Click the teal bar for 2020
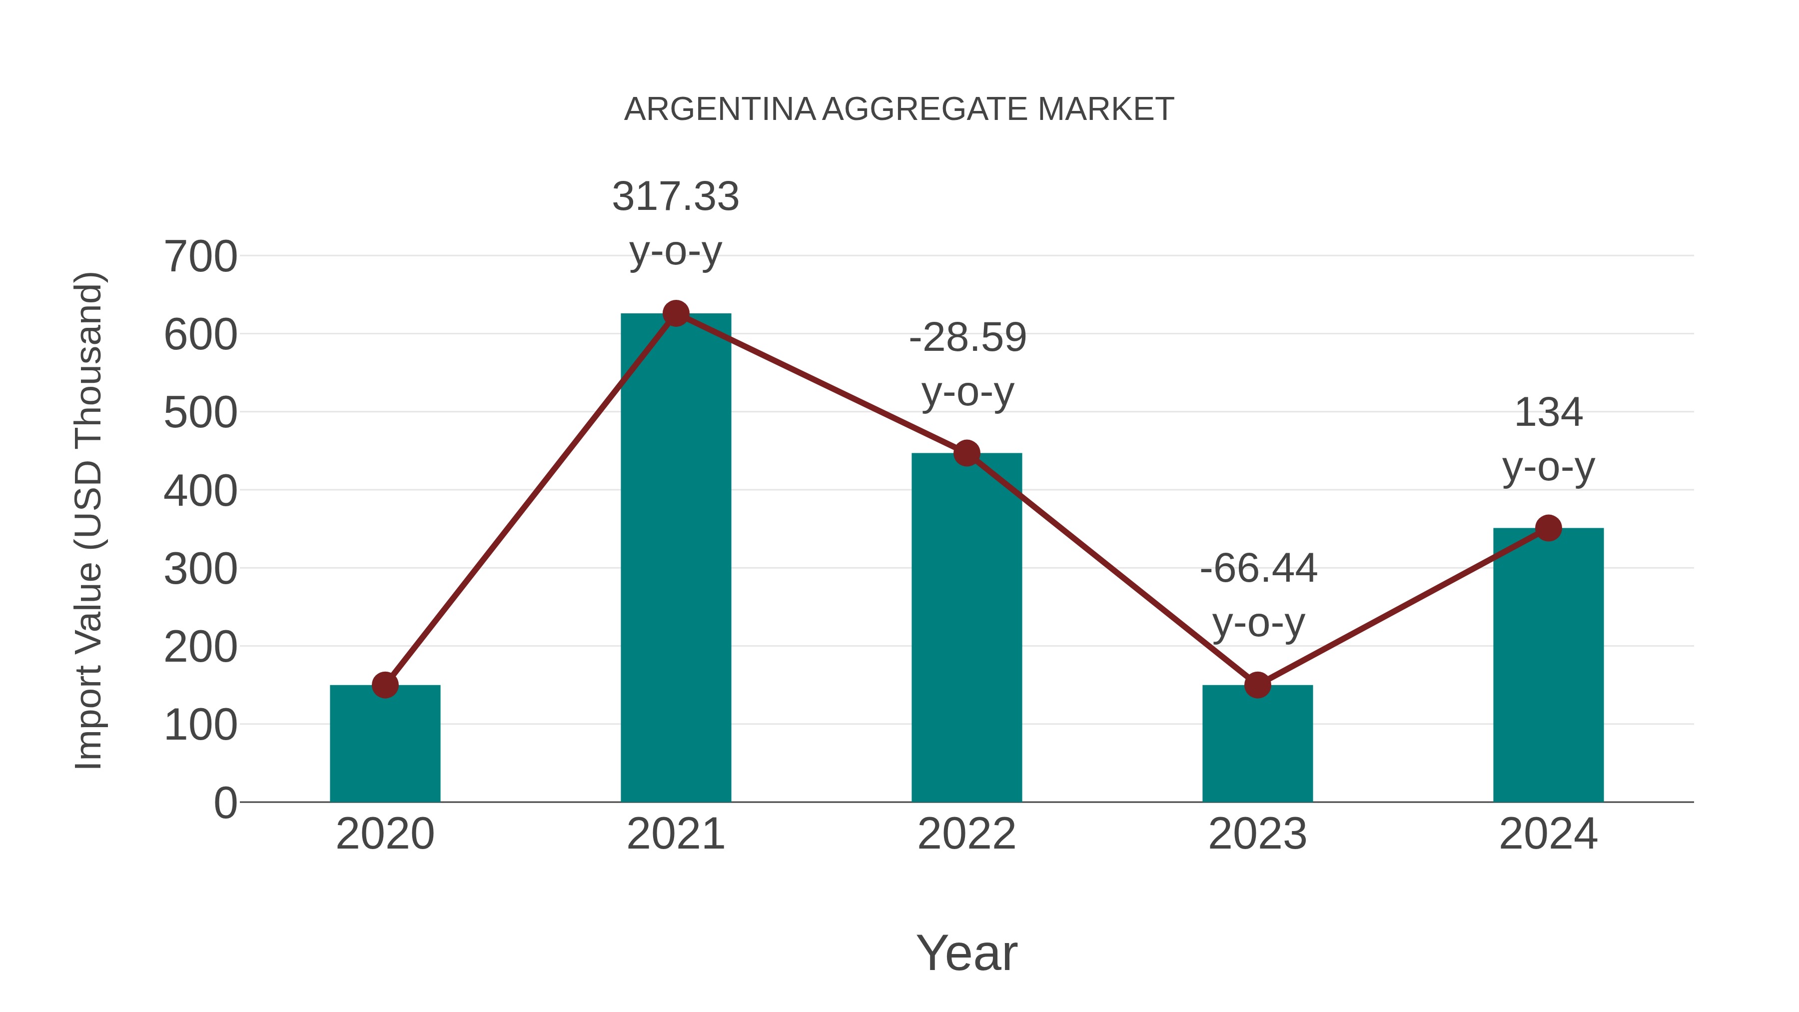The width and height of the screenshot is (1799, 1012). (x=385, y=744)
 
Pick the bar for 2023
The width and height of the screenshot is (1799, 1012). (x=1257, y=744)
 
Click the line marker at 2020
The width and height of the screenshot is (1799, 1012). (x=385, y=685)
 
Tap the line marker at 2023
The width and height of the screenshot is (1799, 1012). (x=1257, y=685)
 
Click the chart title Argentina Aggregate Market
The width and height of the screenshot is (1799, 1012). (x=899, y=109)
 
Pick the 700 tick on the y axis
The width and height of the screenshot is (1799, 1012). (x=200, y=257)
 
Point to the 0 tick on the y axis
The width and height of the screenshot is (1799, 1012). (x=225, y=803)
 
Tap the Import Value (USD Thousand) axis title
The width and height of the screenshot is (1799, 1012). (x=89, y=520)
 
